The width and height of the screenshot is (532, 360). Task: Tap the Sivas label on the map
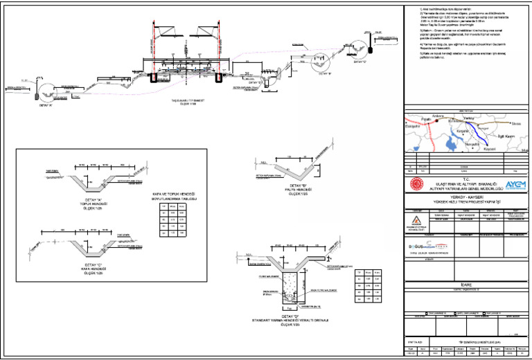pos(515,123)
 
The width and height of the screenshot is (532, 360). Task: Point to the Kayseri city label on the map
pos(489,149)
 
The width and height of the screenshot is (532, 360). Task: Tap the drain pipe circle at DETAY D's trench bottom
pos(290,301)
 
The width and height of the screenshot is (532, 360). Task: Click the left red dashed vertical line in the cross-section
pos(153,48)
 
